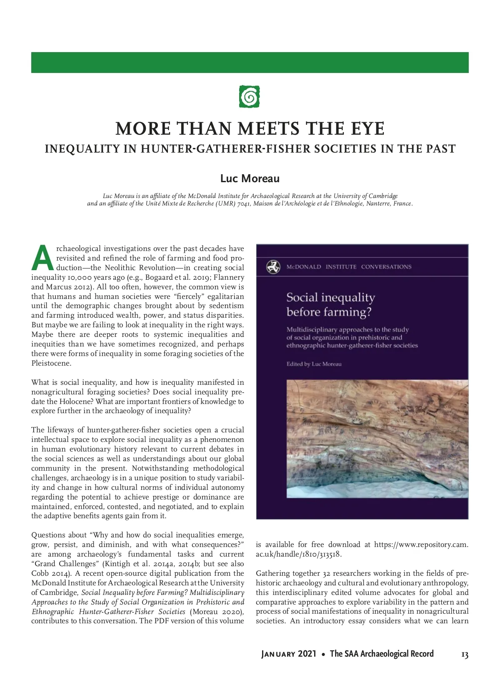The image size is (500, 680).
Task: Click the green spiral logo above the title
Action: (250, 97)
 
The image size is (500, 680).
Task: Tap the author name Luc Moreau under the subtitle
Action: (250, 179)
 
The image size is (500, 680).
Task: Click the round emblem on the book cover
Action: (273, 267)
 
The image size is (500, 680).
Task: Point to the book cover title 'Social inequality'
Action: (330, 297)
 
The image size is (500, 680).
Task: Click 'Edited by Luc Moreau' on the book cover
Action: (314, 364)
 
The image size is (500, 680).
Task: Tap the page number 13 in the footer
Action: (465, 655)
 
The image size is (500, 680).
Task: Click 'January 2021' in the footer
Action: (289, 654)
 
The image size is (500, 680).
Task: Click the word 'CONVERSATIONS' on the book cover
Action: (386, 267)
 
